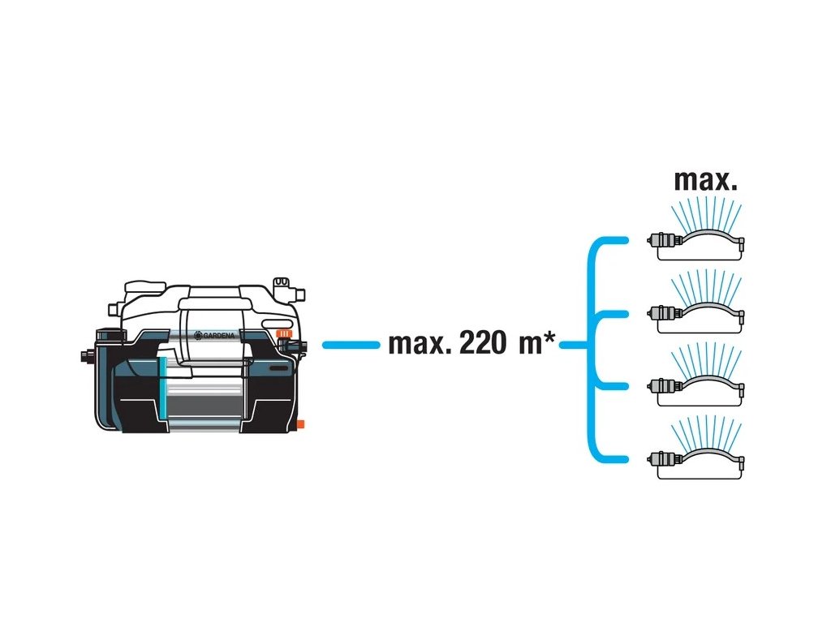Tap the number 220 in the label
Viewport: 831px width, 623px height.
coord(484,344)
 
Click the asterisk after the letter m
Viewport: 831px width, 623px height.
coord(550,340)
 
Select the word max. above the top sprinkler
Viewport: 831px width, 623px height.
coord(706,180)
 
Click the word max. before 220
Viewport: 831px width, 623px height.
coord(420,344)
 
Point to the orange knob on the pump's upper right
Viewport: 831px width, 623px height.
coord(283,333)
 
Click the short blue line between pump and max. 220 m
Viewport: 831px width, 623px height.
coord(351,345)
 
